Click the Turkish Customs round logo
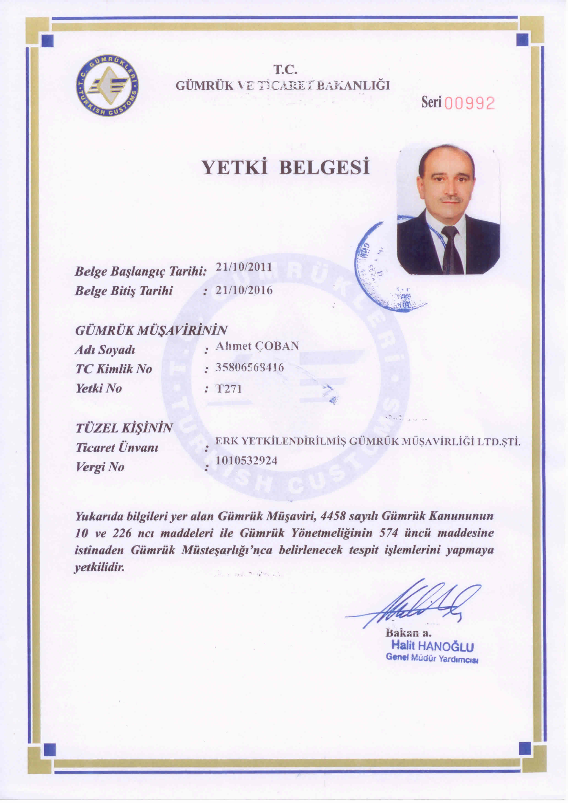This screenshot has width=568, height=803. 107,86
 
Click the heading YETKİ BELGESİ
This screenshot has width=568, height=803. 286,168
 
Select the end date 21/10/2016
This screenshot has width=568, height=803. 244,290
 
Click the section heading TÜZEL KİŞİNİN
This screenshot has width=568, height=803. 124,428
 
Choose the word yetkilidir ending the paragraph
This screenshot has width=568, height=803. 100,567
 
